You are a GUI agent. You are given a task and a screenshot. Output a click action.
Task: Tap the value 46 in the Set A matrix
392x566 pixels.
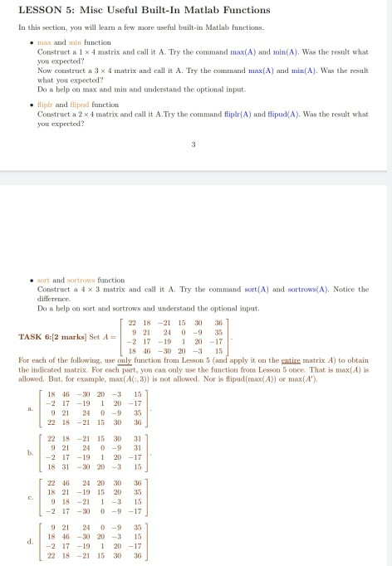coord(171,350)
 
